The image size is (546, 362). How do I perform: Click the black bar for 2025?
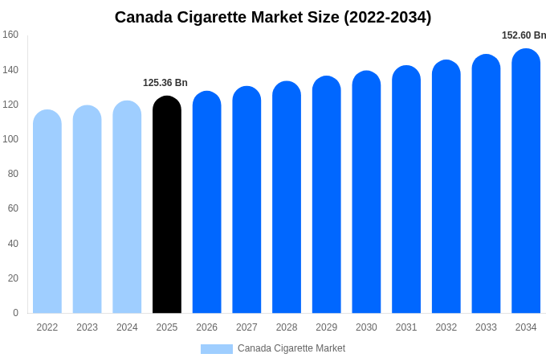167,205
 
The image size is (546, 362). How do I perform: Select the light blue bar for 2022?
47,212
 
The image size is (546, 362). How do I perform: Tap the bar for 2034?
526,181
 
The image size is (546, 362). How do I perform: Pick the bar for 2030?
366,192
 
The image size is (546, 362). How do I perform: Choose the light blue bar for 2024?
127,207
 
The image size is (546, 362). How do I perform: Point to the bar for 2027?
247,200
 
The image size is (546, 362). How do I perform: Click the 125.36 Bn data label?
165,83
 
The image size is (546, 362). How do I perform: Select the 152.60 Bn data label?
524,35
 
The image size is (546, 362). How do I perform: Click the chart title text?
273,17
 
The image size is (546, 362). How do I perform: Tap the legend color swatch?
216,349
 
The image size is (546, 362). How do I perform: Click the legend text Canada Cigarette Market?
291,348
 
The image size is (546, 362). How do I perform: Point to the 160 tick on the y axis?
10,35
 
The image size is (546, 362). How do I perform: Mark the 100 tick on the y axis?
10,139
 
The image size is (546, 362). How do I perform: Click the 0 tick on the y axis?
15,313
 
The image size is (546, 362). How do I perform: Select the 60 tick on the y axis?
13,208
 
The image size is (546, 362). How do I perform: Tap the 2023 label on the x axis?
87,327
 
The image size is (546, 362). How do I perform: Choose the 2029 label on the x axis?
326,327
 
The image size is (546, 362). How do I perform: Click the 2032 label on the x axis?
446,327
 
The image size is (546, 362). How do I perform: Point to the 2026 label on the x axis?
206,327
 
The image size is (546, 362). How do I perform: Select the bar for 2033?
486,184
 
